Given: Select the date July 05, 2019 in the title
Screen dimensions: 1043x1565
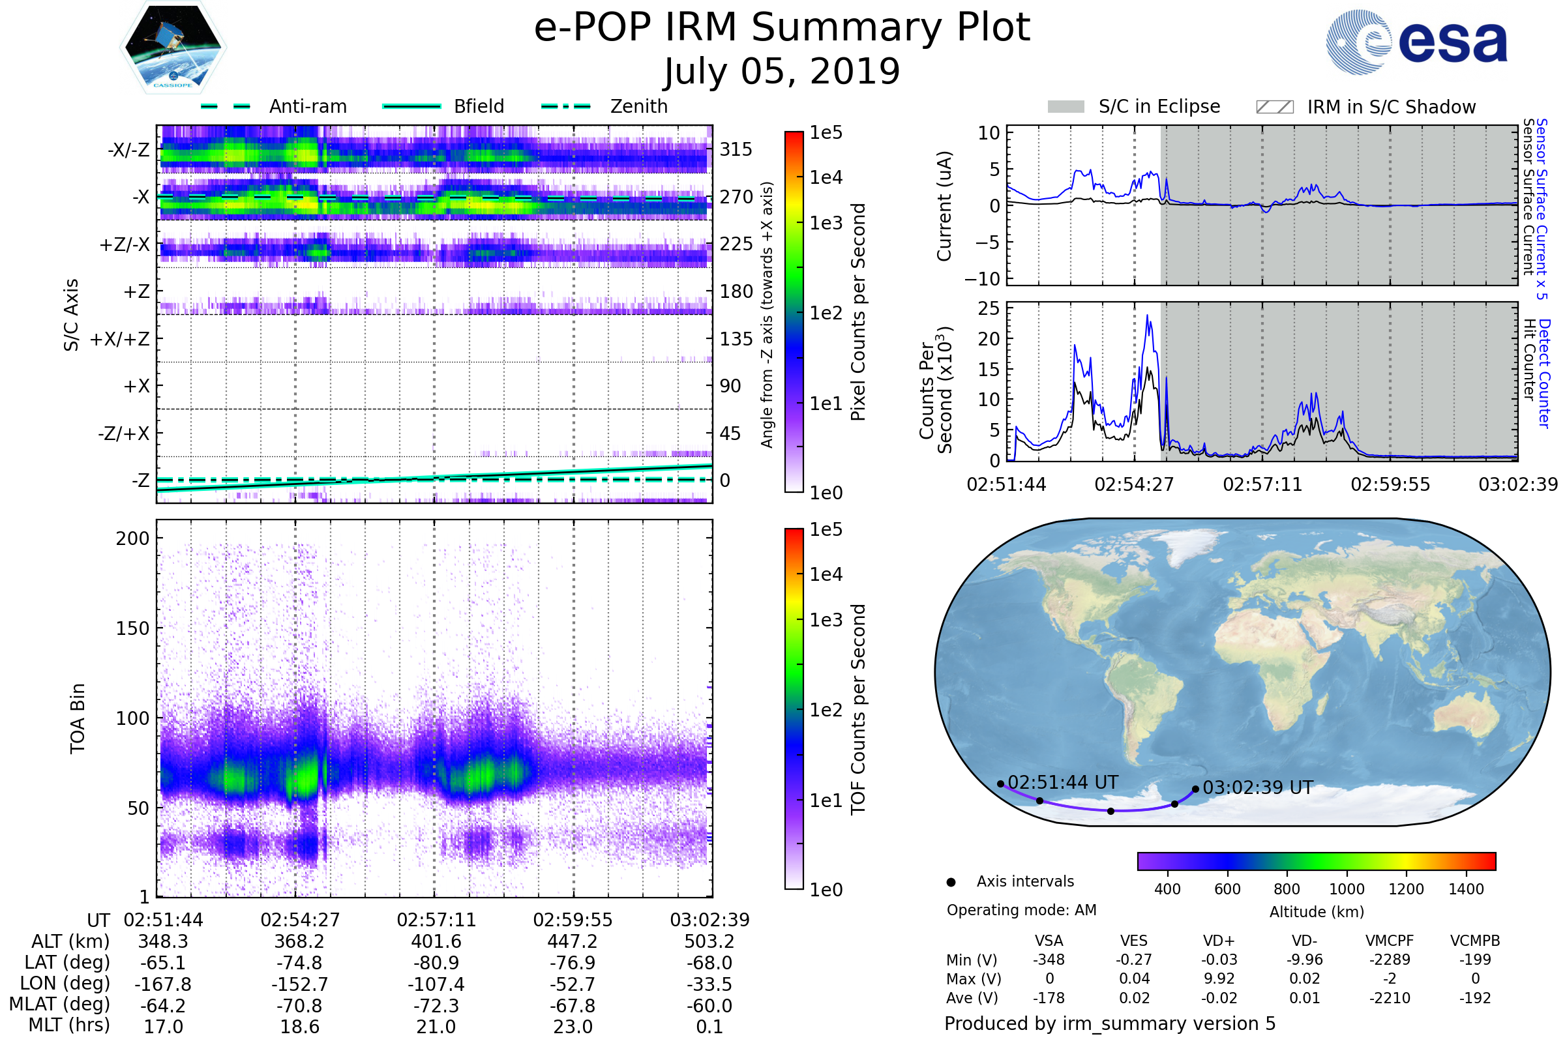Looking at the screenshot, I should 782,72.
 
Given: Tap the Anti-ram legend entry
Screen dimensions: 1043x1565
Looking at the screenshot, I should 307,106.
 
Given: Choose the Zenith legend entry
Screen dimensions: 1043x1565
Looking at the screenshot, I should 638,106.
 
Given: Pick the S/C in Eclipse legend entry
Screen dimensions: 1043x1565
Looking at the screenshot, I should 1159,106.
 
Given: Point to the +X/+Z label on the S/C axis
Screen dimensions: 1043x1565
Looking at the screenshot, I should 120,339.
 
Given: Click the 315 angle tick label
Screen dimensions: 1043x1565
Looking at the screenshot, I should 736,150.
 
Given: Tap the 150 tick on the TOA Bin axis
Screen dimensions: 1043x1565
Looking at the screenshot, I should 132,628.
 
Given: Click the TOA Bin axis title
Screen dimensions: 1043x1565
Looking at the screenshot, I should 78,718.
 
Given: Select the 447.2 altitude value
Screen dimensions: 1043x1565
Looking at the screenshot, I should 573,942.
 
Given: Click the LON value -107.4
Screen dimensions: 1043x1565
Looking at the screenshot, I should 436,984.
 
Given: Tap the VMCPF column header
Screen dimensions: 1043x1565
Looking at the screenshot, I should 1390,941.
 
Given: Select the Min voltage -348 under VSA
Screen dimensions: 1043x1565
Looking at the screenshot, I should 1049,960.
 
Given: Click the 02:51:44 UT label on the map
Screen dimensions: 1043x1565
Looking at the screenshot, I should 1063,782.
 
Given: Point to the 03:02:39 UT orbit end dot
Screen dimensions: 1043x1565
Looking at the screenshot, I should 1195,789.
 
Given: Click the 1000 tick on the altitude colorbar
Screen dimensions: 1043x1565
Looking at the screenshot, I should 1346,889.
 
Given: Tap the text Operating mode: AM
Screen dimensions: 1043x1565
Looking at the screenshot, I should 1021,910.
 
